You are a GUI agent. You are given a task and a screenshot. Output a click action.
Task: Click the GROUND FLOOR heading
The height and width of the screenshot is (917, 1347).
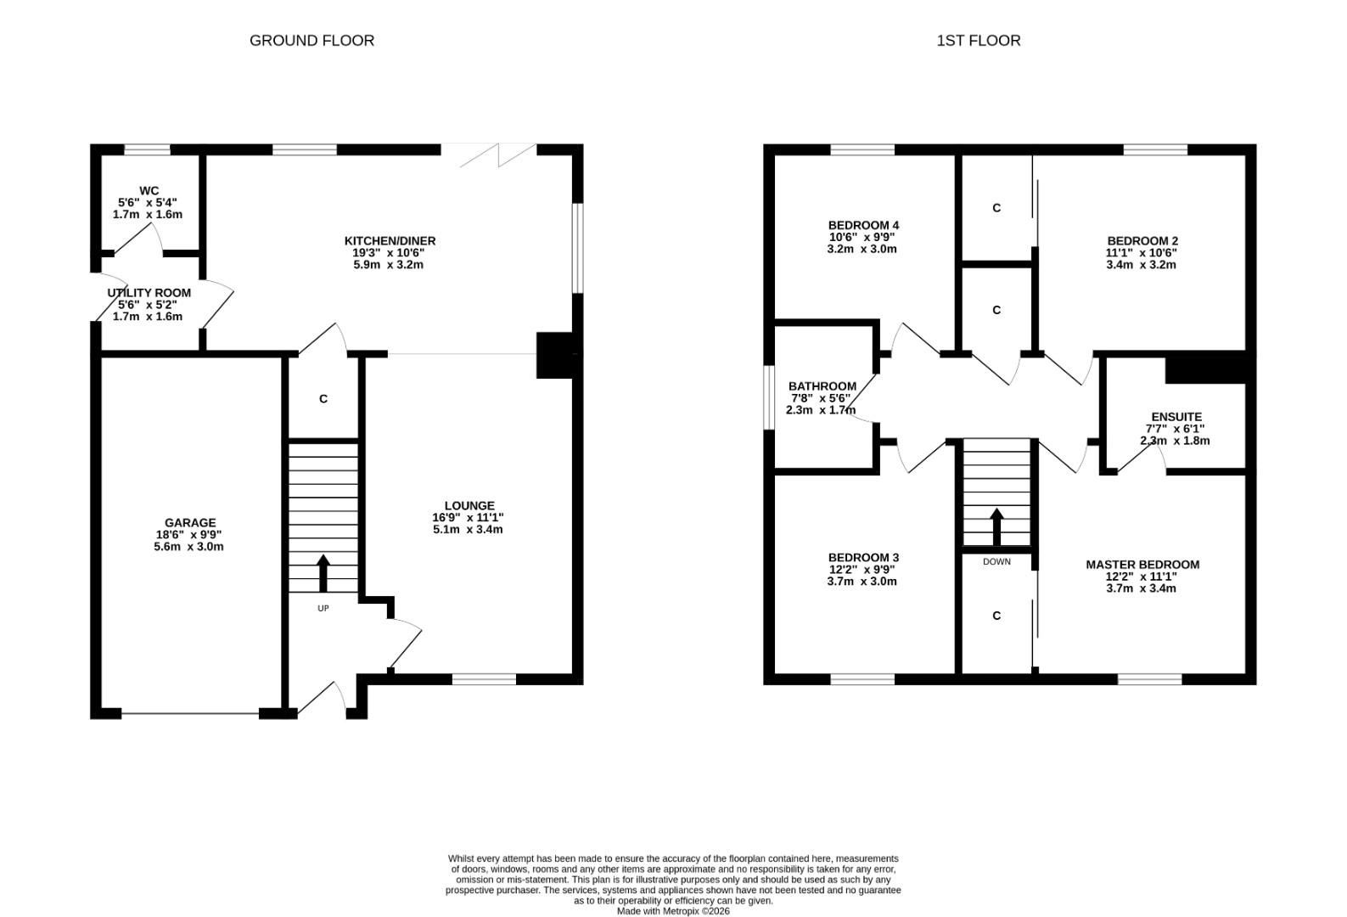(311, 40)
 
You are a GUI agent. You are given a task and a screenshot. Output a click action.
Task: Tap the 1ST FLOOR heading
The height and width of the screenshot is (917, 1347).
(979, 40)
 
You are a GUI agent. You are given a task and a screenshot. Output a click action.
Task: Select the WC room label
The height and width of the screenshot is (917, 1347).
(149, 191)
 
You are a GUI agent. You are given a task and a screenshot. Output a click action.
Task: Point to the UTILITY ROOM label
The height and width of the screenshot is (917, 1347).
(149, 293)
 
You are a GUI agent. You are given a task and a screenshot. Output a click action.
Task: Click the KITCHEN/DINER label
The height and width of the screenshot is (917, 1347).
(390, 240)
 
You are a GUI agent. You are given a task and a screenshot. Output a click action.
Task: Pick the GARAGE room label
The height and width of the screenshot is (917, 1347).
(190, 523)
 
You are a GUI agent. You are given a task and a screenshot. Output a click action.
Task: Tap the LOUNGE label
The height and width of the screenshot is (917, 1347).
(469, 505)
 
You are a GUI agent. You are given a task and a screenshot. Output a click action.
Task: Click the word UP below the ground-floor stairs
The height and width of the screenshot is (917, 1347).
(323, 608)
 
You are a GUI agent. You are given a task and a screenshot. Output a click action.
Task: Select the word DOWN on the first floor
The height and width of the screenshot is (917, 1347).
(996, 561)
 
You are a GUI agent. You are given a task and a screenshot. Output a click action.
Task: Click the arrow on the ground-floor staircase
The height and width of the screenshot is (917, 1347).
(323, 573)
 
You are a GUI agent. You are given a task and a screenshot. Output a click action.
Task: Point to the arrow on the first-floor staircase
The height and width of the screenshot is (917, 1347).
(997, 527)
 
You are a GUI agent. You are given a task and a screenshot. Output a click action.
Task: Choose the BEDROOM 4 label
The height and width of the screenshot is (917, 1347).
(863, 226)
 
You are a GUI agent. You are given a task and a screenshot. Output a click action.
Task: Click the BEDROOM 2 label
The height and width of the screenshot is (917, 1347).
(1142, 240)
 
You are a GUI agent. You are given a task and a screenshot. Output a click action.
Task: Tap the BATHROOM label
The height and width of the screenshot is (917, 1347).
(822, 386)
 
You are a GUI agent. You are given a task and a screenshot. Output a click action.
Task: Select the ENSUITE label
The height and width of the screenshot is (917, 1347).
(1176, 417)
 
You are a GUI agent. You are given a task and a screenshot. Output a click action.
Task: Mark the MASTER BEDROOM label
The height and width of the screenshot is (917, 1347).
(1142, 565)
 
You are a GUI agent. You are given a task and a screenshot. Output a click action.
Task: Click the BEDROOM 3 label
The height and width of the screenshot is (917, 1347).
(863, 558)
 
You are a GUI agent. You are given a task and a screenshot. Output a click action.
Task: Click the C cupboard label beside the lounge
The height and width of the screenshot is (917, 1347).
(323, 399)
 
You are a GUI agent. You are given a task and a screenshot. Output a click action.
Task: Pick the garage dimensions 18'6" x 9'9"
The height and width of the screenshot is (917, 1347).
(188, 535)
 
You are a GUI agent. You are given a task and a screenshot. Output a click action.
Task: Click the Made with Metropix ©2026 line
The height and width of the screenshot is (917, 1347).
(673, 911)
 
